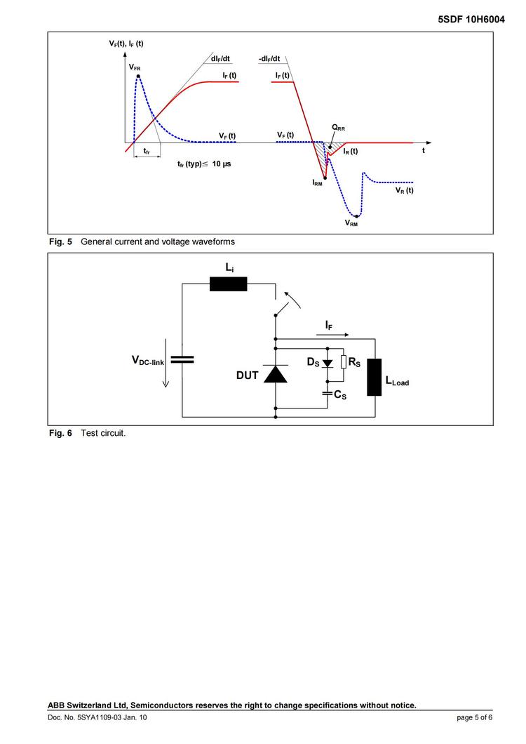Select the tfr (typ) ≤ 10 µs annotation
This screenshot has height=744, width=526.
coord(204,164)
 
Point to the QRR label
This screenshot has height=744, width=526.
coord(339,128)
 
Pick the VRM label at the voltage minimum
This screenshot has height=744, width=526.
coord(351,223)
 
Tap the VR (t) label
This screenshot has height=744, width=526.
coord(405,190)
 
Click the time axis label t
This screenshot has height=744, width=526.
coord(423,150)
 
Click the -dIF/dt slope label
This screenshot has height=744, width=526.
coord(269,58)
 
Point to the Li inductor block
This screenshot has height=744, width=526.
coord(229,284)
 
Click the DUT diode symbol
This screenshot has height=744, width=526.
coord(275,375)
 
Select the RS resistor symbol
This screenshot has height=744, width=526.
coord(343,361)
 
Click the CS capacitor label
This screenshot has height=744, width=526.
coord(340,395)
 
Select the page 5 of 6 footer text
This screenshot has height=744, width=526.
coord(474,717)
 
